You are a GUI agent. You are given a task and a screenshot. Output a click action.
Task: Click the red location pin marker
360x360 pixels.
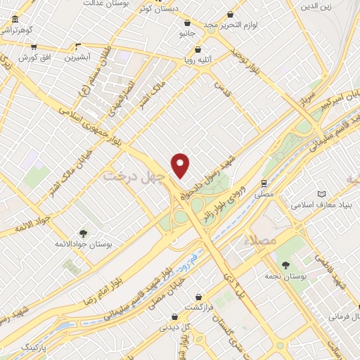coord(181,165)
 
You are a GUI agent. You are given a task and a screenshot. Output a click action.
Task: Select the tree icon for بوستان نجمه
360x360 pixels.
coord(286,264)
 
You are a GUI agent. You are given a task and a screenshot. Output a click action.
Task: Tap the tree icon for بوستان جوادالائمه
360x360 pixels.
coord(84,233)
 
